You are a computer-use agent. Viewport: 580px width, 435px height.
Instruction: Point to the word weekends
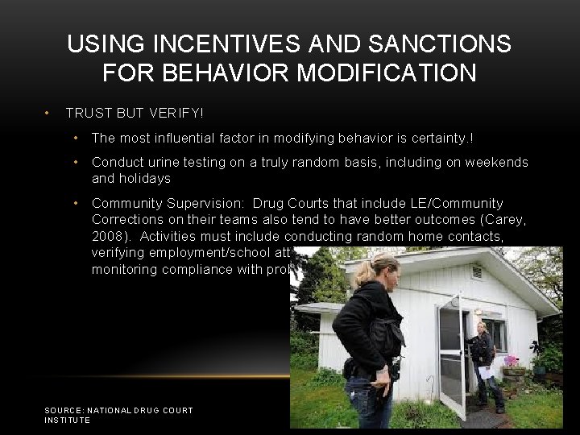point(499,162)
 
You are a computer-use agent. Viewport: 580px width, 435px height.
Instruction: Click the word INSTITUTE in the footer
point(68,420)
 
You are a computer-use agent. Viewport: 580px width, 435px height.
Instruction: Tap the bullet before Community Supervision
point(75,203)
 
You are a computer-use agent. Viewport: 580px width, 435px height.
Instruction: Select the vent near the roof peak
point(478,272)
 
